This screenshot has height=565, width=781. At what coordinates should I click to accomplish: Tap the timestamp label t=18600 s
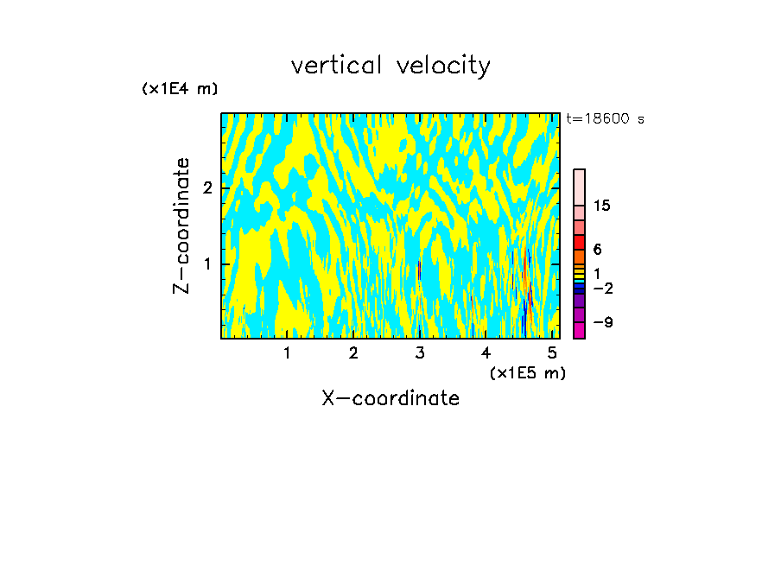click(605, 119)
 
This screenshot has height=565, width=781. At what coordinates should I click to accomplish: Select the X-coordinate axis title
click(390, 398)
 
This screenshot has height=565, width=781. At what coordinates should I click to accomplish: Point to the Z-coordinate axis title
click(181, 225)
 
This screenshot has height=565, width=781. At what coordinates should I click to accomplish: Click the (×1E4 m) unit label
click(180, 89)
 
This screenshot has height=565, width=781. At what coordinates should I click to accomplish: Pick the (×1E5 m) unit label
click(527, 372)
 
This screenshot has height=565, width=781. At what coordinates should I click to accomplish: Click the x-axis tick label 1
click(287, 352)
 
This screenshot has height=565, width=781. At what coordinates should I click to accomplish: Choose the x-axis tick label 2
click(353, 352)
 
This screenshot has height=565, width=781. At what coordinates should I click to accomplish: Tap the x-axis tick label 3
click(420, 352)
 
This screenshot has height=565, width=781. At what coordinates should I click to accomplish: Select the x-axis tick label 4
click(486, 352)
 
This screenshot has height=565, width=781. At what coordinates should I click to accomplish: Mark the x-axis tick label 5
click(552, 352)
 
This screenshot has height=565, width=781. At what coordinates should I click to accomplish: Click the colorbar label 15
click(602, 206)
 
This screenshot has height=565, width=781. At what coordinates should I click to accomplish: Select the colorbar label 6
click(597, 250)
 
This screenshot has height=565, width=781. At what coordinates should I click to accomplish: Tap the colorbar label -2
click(602, 289)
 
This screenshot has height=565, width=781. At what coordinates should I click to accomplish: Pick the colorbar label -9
click(602, 322)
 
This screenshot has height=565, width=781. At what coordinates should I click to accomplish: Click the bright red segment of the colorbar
click(579, 242)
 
